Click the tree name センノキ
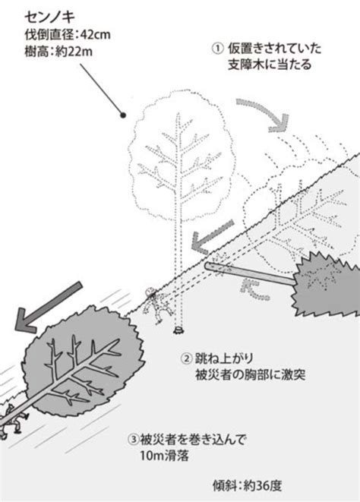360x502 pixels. [49, 17]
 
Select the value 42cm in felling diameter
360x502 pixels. [95, 35]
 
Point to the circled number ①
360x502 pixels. [217, 49]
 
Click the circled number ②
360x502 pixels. [186, 358]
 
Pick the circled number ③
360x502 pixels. [134, 439]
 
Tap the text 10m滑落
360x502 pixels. [164, 455]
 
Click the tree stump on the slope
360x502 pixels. [178, 330]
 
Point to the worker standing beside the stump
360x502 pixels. [157, 305]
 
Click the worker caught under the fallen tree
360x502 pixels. [13, 421]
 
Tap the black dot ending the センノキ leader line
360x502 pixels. [122, 115]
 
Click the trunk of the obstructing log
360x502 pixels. [251, 273]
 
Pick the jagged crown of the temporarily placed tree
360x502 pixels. [327, 283]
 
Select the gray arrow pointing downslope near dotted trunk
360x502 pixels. [212, 236]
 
